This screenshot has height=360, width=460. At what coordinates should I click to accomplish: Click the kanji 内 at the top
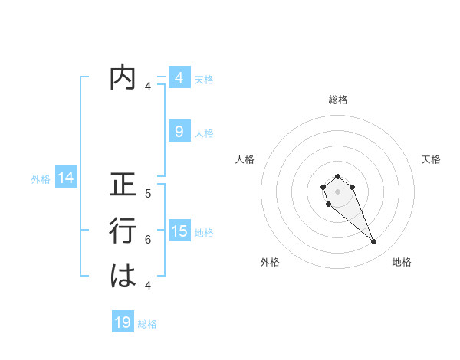click(123, 78)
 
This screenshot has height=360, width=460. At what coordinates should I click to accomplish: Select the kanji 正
click(123, 186)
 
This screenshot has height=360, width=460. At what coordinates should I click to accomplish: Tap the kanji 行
click(123, 231)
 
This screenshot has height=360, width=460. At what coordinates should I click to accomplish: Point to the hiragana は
click(123, 277)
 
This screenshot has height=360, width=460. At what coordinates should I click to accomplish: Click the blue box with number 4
click(179, 77)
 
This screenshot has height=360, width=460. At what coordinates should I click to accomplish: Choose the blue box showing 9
click(179, 132)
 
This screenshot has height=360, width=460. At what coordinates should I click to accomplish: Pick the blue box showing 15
click(179, 231)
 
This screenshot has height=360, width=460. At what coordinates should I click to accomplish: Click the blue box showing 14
click(66, 178)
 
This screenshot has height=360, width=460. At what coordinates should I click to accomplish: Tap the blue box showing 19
click(123, 322)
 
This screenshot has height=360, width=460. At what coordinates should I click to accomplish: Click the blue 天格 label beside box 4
click(204, 79)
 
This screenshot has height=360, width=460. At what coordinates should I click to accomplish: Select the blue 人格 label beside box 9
click(204, 133)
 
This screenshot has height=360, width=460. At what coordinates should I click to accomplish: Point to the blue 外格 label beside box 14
click(41, 179)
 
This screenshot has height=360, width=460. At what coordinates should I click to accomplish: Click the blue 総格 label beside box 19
click(147, 324)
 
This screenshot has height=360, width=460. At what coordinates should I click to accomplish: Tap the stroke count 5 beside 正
click(148, 194)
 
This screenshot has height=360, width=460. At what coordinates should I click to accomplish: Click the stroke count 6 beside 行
click(148, 239)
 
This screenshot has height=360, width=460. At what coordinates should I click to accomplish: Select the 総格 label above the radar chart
click(337, 100)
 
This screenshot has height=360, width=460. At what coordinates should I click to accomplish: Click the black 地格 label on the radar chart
click(402, 262)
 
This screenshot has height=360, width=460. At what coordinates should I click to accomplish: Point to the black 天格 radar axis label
click(431, 159)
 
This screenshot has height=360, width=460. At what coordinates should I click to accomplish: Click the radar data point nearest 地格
click(373, 242)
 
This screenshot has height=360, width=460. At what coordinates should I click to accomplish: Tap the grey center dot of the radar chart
click(337, 191)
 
